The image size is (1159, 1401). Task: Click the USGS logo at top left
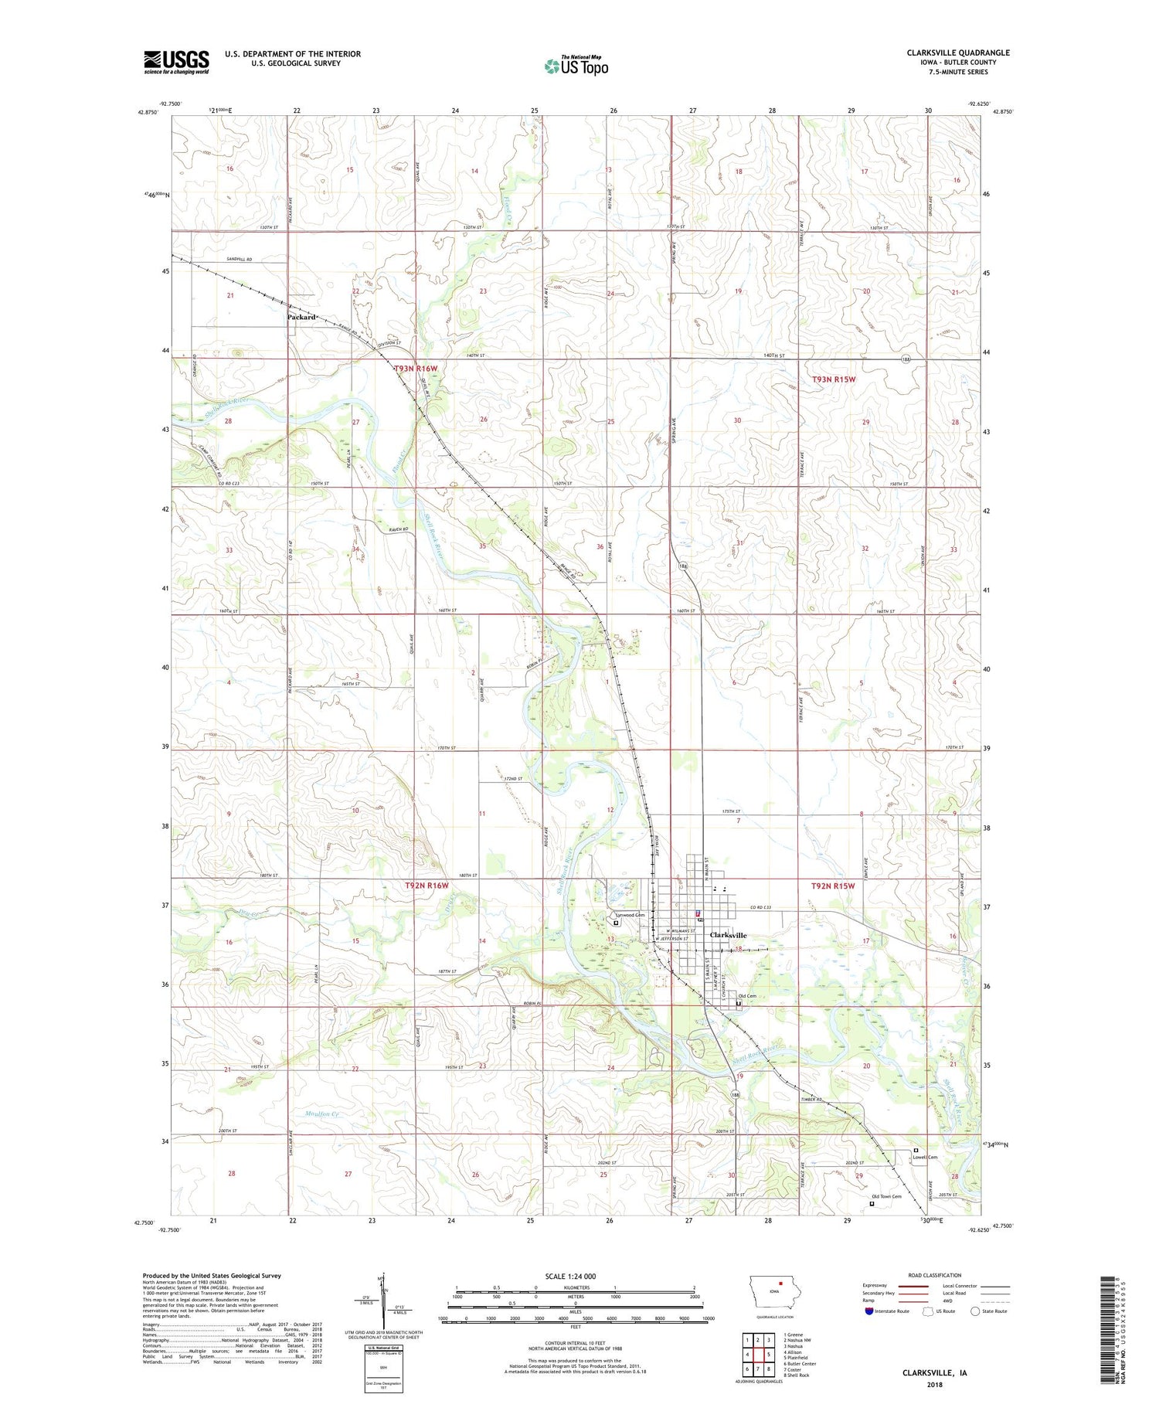pyautogui.click(x=175, y=62)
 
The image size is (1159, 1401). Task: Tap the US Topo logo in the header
pyautogui.click(x=576, y=66)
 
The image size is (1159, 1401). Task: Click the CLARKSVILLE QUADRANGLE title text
pyautogui.click(x=957, y=53)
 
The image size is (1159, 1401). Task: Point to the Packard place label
pyautogui.click(x=301, y=317)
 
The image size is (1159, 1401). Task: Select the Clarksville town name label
pyautogui.click(x=728, y=935)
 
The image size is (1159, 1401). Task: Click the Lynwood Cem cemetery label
pyautogui.click(x=630, y=915)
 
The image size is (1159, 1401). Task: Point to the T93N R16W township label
pyautogui.click(x=416, y=369)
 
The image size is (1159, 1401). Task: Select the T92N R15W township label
pyautogui.click(x=833, y=886)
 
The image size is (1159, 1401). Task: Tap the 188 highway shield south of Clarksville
pyautogui.click(x=736, y=1093)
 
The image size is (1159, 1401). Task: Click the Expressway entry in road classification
pyautogui.click(x=879, y=1286)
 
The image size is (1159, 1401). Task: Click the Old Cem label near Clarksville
pyautogui.click(x=746, y=996)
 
